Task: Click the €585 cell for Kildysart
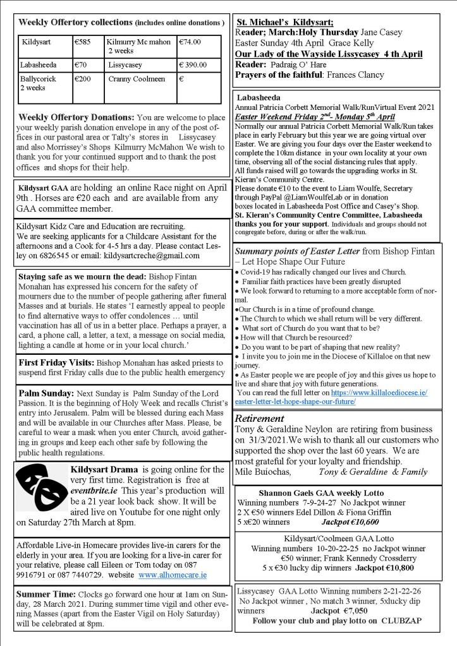(x=83, y=42)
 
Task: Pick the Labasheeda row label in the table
(x=39, y=64)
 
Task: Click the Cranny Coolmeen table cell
(x=137, y=79)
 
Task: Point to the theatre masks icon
(x=42, y=489)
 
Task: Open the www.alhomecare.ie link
(x=173, y=575)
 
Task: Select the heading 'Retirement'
(x=259, y=418)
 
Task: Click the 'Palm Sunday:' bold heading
(x=45, y=393)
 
